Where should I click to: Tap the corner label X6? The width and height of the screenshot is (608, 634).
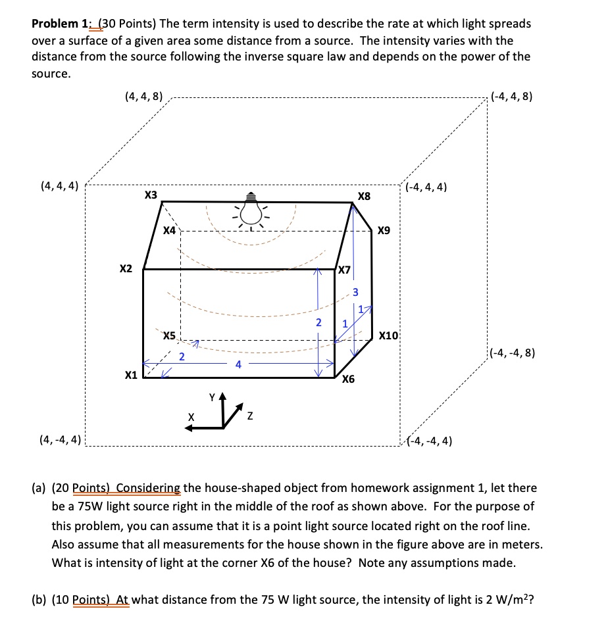click(348, 379)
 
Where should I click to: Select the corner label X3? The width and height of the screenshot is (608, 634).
click(151, 195)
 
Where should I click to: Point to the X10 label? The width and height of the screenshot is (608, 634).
click(389, 335)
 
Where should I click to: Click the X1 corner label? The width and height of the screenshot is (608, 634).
click(130, 375)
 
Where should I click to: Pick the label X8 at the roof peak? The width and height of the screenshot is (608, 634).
click(364, 196)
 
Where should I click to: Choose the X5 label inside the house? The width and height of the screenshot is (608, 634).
click(169, 335)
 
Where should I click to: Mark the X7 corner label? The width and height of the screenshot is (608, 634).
click(344, 270)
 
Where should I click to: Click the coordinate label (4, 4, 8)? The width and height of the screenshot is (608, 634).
click(143, 97)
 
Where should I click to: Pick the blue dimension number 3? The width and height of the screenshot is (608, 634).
click(355, 291)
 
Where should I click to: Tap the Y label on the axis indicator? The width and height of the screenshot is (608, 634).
click(212, 397)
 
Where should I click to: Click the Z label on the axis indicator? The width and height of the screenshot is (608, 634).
click(249, 418)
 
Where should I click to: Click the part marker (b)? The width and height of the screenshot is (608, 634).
click(39, 600)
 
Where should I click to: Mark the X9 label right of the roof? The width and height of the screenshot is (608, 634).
click(384, 231)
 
